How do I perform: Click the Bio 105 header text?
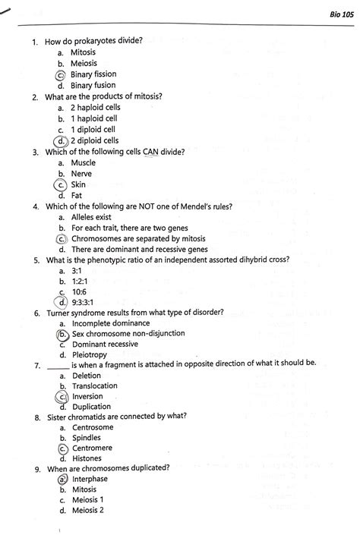point(338,15)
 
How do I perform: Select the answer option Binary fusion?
point(96,86)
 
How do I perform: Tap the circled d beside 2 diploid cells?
point(60,140)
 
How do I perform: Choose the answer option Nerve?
point(82,174)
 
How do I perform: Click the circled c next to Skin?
point(60,184)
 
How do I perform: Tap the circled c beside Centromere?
point(61,448)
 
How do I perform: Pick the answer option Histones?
point(87,459)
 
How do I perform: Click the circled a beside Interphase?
point(61,480)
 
